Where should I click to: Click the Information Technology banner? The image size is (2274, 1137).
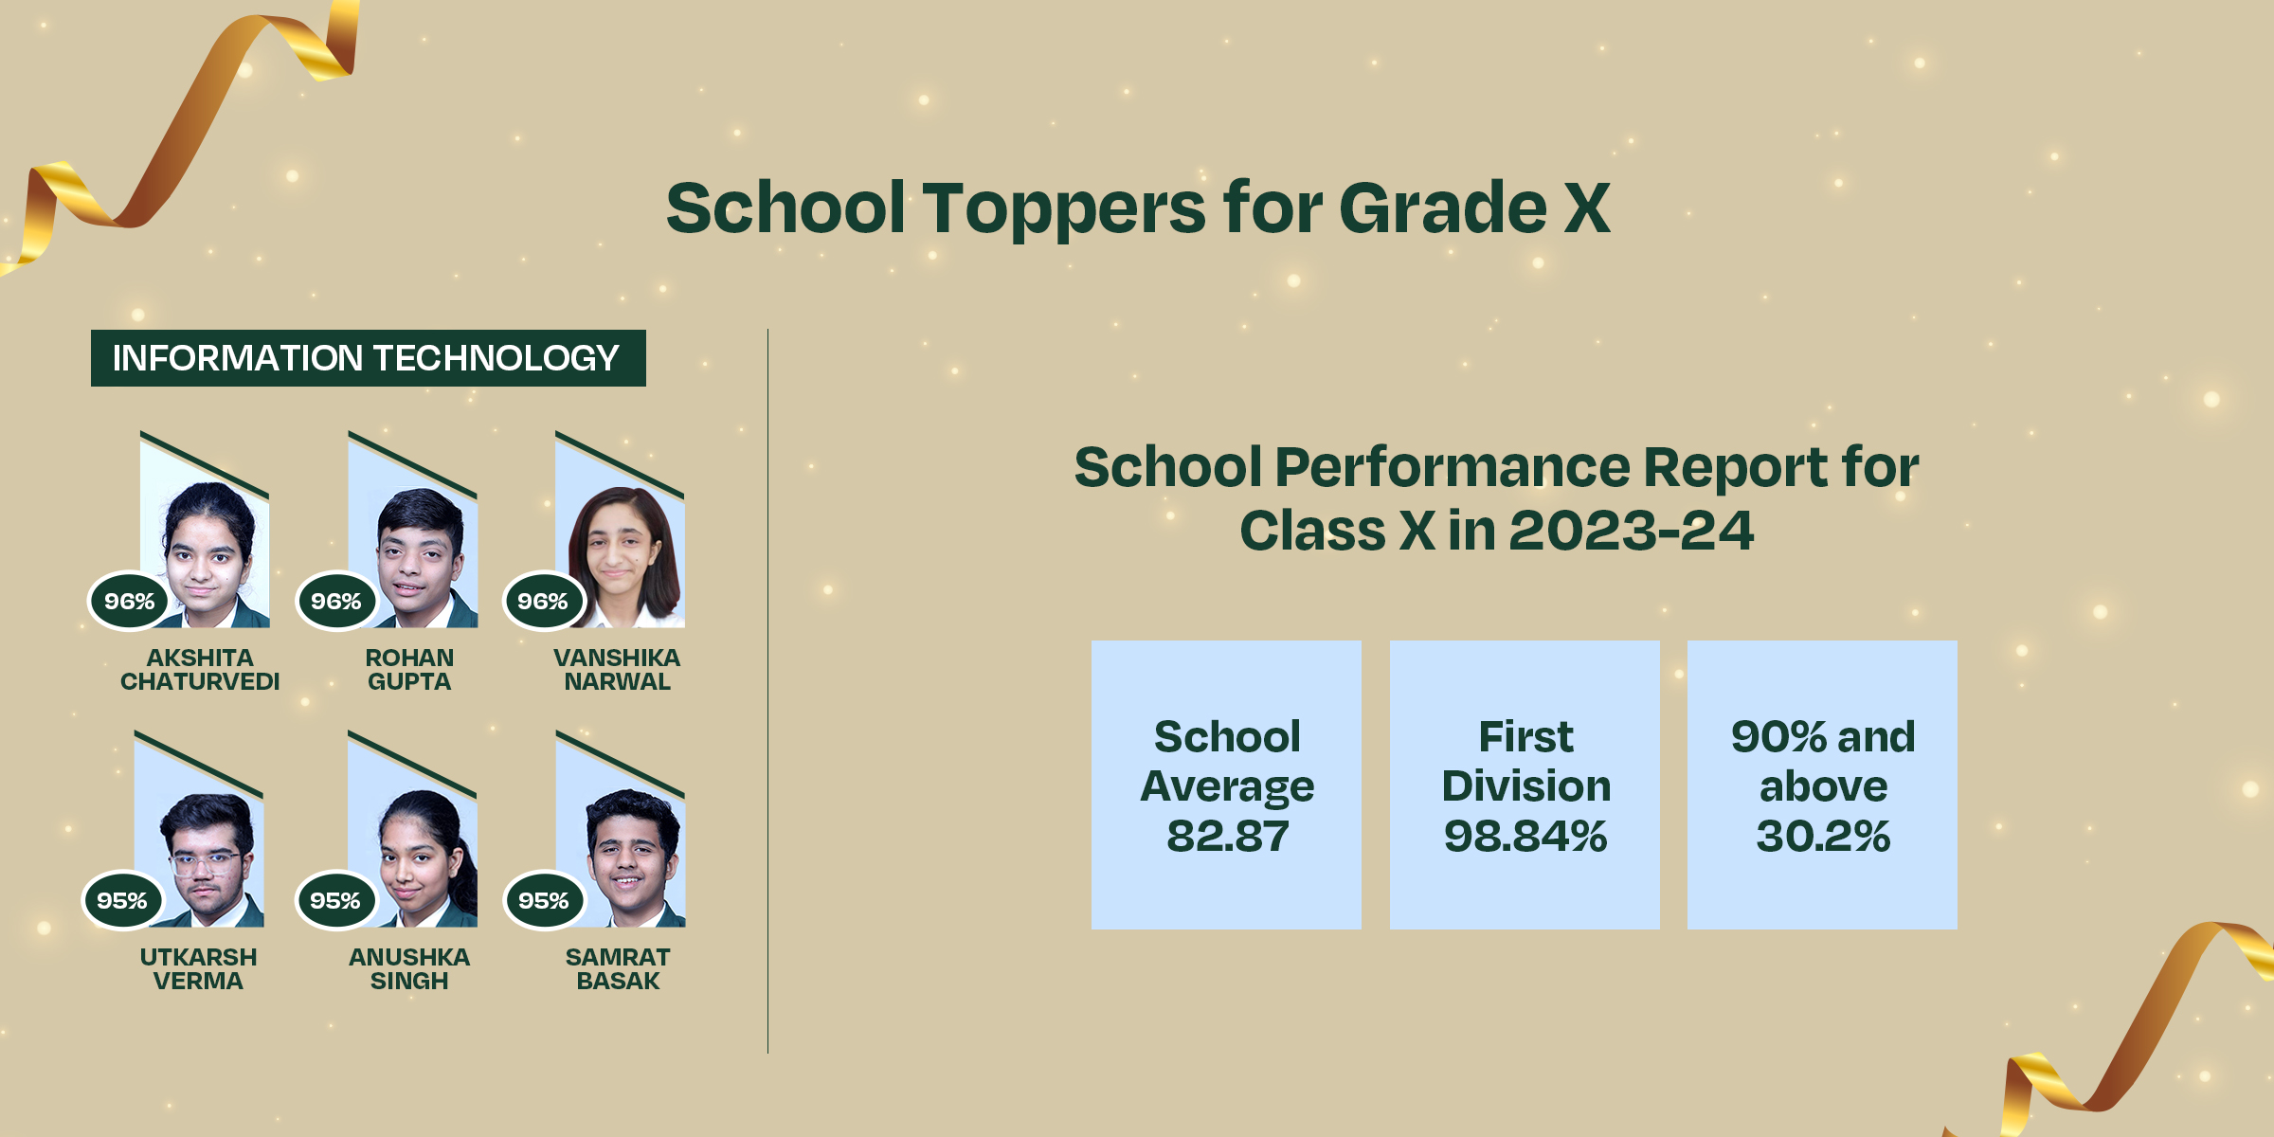click(x=369, y=358)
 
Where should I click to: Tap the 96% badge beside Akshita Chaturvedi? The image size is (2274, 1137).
click(x=129, y=601)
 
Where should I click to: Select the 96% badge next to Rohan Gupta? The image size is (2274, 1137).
click(x=336, y=601)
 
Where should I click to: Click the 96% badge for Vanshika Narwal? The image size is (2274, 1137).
click(x=543, y=601)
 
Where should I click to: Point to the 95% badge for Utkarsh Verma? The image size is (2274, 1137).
click(x=122, y=900)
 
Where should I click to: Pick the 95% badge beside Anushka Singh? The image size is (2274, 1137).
click(x=335, y=900)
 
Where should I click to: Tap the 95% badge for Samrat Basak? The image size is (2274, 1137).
click(x=544, y=900)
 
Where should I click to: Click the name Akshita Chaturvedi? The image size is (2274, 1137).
click(x=200, y=670)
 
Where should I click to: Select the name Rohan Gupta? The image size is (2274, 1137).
click(x=409, y=670)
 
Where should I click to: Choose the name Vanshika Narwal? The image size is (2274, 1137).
click(x=617, y=670)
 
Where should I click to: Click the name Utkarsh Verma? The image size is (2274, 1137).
click(x=198, y=969)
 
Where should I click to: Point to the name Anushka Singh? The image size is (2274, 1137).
click(x=409, y=969)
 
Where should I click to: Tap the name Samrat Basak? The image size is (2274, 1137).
click(x=618, y=969)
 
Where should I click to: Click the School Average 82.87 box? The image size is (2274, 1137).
click(x=1226, y=785)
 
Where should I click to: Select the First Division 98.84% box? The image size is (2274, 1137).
click(x=1525, y=785)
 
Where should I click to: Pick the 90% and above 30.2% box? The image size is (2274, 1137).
click(x=1822, y=785)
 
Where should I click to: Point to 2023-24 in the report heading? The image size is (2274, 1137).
click(x=1632, y=531)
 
